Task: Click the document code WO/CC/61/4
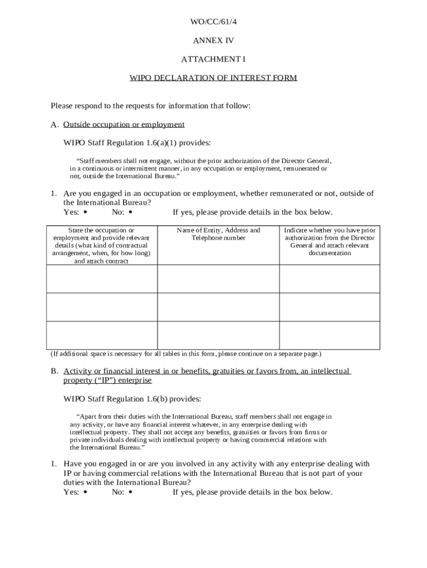click(x=213, y=22)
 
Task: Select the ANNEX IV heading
click(x=213, y=40)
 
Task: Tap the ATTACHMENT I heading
click(x=213, y=59)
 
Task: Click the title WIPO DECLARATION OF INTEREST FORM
click(x=213, y=78)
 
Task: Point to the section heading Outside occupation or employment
click(x=124, y=124)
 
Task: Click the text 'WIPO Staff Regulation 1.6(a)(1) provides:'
click(x=137, y=143)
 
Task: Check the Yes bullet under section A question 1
click(x=85, y=212)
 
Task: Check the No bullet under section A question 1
click(x=130, y=212)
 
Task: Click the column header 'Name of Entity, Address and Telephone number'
click(x=218, y=234)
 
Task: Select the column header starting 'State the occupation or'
click(x=101, y=245)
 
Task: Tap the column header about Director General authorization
click(x=329, y=241)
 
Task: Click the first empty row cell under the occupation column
click(x=101, y=278)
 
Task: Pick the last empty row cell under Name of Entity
click(x=218, y=335)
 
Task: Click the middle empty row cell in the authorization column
click(x=329, y=307)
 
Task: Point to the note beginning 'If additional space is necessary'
click(x=186, y=353)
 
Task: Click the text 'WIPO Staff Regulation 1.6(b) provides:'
click(x=133, y=399)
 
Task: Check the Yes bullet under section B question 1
click(x=85, y=492)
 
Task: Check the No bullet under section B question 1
click(x=130, y=492)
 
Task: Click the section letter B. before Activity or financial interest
click(x=55, y=371)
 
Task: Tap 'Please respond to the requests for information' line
click(x=151, y=105)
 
